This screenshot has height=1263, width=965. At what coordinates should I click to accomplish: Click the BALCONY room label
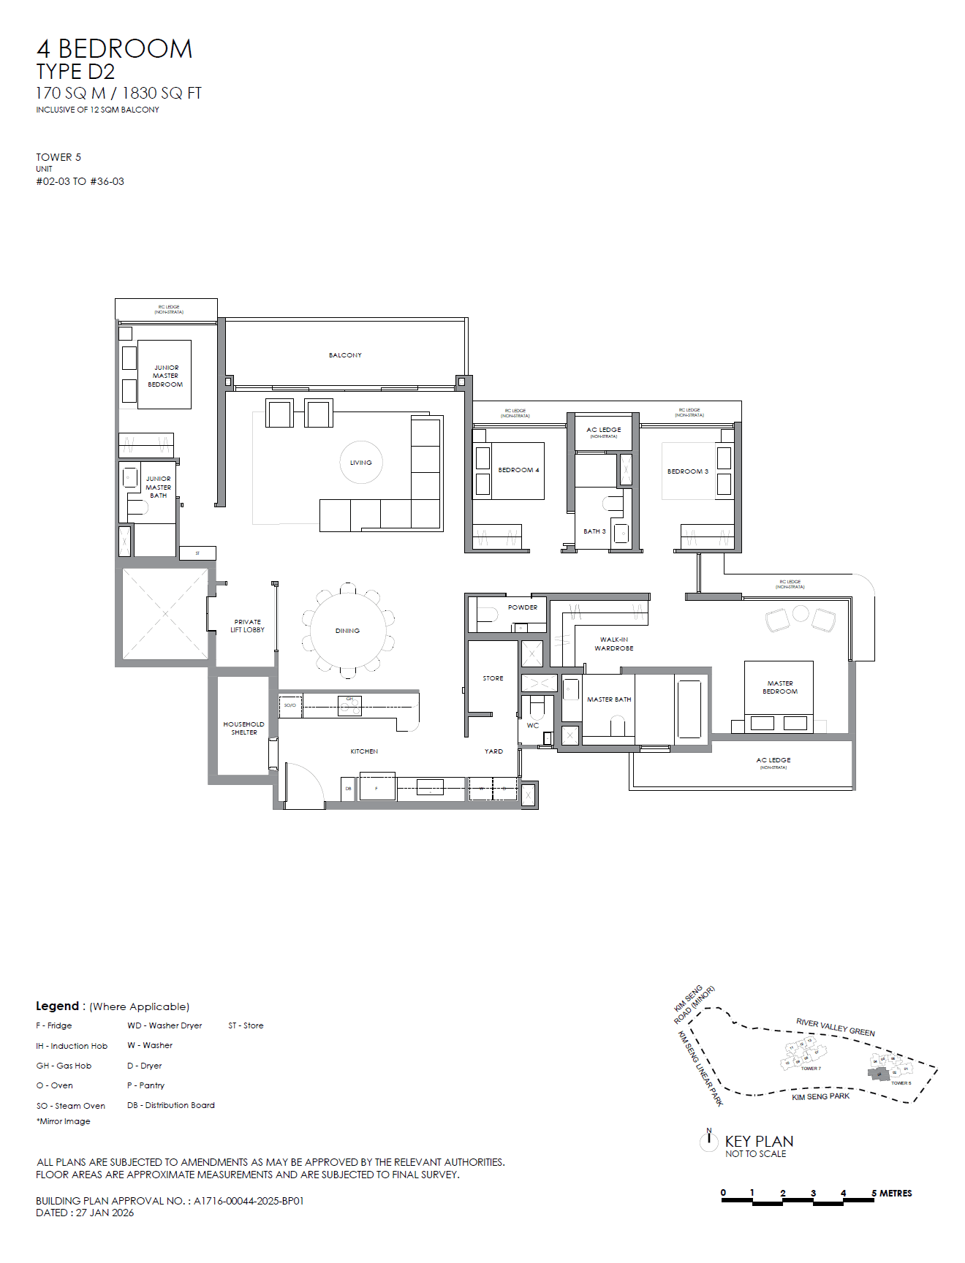[x=345, y=355]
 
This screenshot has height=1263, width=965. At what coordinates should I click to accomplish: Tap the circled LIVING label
[x=361, y=463]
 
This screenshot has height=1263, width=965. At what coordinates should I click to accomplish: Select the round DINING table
[x=348, y=630]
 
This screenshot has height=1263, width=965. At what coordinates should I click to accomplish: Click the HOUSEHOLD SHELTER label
[x=244, y=728]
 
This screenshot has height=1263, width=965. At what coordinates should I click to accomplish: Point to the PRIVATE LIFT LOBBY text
[x=248, y=626]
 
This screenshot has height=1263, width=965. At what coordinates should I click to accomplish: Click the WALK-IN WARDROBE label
[x=614, y=644]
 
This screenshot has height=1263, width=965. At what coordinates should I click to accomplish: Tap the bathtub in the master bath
[x=689, y=708]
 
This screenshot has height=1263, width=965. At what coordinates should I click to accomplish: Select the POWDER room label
[x=523, y=607]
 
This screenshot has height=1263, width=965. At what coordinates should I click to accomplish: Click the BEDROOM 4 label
[x=518, y=470]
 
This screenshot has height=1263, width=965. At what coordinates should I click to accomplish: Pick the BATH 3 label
[x=594, y=531]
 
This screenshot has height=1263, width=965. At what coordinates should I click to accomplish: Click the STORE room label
[x=493, y=678]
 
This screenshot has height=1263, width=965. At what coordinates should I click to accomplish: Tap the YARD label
[x=493, y=751]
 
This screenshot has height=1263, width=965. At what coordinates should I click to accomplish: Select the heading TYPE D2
[x=75, y=72]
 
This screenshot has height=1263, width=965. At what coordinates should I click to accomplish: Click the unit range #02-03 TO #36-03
[x=80, y=181]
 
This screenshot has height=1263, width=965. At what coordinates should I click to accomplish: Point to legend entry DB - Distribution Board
[x=171, y=1105]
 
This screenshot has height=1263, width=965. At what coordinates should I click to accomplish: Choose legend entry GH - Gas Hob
[x=64, y=1066]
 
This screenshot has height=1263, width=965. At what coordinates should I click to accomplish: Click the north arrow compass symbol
[x=709, y=1139]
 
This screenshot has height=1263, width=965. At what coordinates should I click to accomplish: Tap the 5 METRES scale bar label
[x=892, y=1194]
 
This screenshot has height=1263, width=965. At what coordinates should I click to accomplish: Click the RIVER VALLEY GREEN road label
[x=836, y=1027]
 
